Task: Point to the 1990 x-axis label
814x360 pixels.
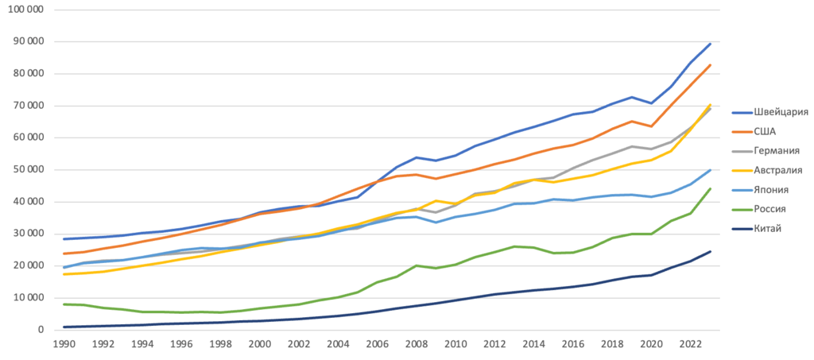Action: [64, 346]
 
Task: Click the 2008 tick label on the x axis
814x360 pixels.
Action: [416, 346]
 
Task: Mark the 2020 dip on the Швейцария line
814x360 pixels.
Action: [651, 103]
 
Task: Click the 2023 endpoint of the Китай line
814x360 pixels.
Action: [710, 251]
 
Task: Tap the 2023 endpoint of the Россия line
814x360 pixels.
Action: [710, 188]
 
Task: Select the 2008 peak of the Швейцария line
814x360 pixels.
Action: [416, 157]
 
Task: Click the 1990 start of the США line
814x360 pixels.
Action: [64, 254]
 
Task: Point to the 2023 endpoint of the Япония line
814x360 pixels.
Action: [710, 170]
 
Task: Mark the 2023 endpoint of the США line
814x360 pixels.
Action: [710, 65]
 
